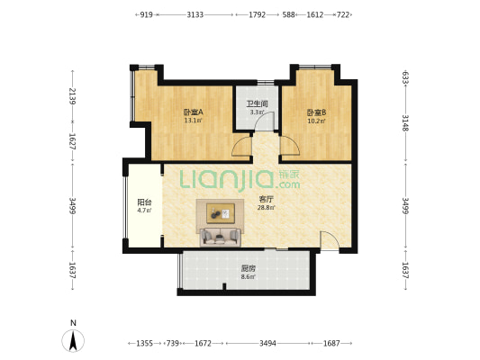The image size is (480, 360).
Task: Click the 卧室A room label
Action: click(x=193, y=112)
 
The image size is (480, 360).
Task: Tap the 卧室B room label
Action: click(x=316, y=112)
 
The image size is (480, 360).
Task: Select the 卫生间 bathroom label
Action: click(x=258, y=103)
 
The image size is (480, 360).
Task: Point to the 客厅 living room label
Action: click(x=266, y=200)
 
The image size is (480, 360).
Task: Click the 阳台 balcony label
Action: click(x=144, y=202)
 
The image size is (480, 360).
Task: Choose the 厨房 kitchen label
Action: click(x=248, y=269)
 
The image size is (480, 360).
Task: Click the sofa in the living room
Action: click(x=220, y=237)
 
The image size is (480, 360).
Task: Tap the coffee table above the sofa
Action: click(x=221, y=213)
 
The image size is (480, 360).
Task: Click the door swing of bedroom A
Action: click(x=242, y=146)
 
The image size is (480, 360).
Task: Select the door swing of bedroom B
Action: click(x=290, y=146)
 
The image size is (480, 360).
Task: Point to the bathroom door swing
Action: click(x=265, y=121)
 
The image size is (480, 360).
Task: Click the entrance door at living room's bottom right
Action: click(x=330, y=241)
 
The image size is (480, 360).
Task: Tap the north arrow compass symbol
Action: click(x=73, y=340)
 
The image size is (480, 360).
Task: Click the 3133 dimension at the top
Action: click(x=195, y=14)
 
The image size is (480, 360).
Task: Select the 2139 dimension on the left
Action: click(x=73, y=96)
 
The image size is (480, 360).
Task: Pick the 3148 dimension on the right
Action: click(x=405, y=123)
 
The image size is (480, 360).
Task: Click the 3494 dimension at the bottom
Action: click(x=267, y=344)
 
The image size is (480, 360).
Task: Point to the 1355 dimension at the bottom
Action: click(x=144, y=344)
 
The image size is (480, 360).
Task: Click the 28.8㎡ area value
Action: click(x=266, y=208)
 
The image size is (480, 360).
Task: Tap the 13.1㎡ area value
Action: click(x=193, y=121)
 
